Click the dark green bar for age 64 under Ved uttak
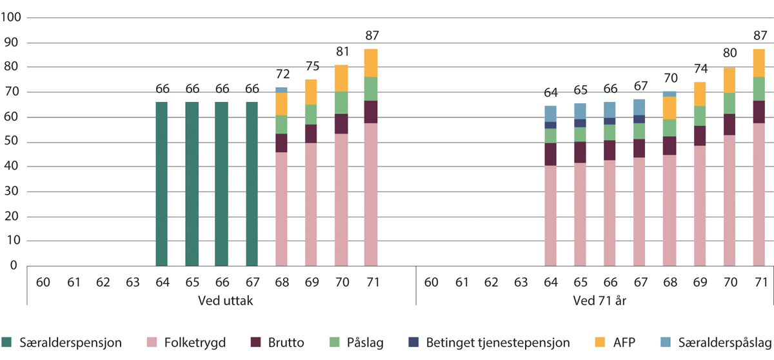click(x=162, y=184)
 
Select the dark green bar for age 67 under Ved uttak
click(x=252, y=184)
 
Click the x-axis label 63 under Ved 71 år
click(x=521, y=283)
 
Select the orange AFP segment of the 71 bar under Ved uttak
click(x=370, y=63)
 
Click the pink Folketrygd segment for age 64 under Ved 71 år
click(x=550, y=215)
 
